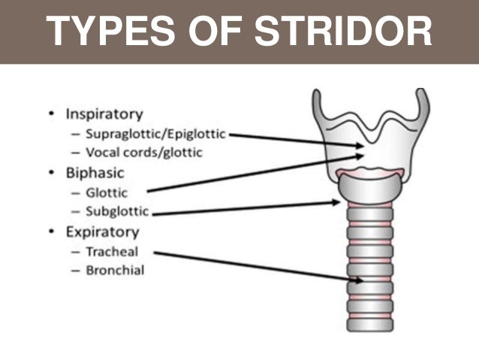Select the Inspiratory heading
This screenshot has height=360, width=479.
(104, 115)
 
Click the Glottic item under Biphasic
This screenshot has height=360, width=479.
(107, 192)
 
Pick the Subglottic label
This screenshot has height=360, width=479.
(116, 211)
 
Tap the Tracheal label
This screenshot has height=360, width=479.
(111, 252)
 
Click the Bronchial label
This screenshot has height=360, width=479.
(115, 270)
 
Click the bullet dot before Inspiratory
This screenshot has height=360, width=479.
(50, 115)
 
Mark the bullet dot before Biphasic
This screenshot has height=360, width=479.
(50, 173)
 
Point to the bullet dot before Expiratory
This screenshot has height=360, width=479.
(50, 231)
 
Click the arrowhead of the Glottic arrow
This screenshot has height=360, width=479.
(360, 156)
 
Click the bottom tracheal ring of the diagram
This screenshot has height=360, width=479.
(369, 325)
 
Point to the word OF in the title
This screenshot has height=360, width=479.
(221, 32)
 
